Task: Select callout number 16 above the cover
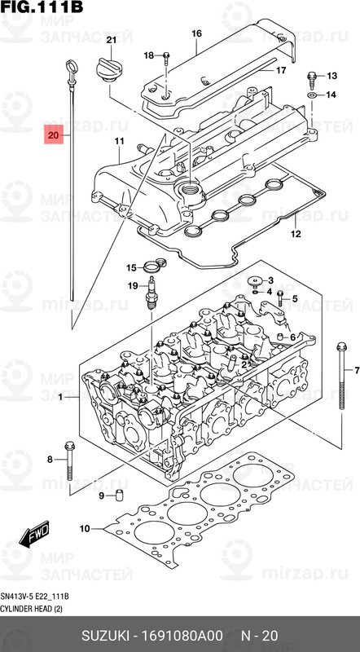click(x=196, y=33)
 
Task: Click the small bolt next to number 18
click(x=166, y=56)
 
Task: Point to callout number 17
click(x=280, y=71)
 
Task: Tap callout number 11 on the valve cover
click(x=118, y=141)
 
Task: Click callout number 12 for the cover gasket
click(x=295, y=235)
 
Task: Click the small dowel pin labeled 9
click(x=118, y=496)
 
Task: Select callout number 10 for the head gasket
click(x=84, y=530)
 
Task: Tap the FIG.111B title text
click(x=42, y=8)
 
